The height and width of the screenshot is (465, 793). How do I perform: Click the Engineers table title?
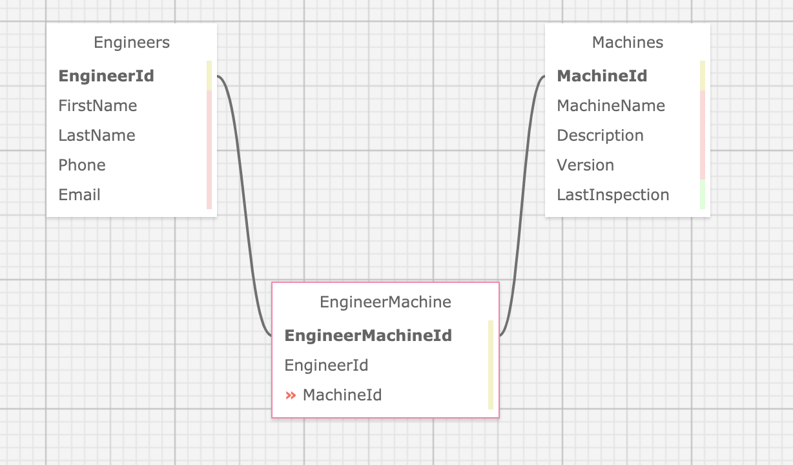point(132,43)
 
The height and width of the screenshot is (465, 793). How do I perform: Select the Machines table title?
point(628,43)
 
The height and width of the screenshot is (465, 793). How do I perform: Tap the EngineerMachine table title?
point(386,302)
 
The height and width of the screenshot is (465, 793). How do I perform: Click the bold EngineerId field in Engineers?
point(107,76)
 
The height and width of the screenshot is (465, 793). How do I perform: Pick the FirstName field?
point(98,106)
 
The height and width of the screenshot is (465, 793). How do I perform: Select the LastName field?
point(97,136)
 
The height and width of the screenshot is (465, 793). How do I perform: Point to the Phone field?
point(82,165)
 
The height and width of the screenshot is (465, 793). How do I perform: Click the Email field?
point(79,195)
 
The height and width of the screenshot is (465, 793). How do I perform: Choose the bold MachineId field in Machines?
point(602,76)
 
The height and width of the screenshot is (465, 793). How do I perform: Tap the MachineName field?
point(611,106)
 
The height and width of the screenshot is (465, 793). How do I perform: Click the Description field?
point(601,136)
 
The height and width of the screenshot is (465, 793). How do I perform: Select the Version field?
point(586,165)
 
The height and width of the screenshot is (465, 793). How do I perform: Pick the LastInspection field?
point(613,195)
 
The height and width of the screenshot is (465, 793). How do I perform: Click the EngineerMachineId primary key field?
point(368,336)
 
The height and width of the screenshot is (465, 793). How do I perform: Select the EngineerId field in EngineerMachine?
point(327,366)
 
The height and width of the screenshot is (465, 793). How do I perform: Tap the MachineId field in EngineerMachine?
point(342,395)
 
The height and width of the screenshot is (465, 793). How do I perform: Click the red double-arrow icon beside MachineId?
point(291,395)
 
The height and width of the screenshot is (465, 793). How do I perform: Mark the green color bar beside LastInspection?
point(703,195)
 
